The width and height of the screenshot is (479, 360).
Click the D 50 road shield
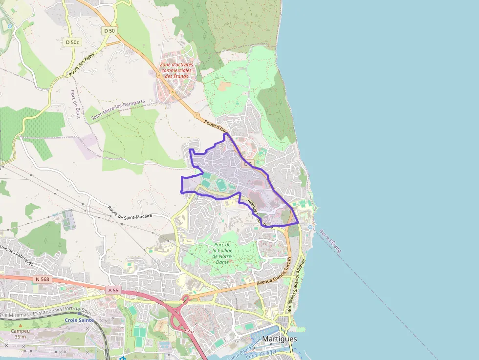[x=109, y=30]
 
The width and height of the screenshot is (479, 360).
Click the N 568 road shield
[x=43, y=279]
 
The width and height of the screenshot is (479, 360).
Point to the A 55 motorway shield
[x=113, y=290]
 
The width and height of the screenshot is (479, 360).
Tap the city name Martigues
[x=280, y=339]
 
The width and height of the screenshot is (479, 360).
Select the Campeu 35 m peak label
[x=20, y=334]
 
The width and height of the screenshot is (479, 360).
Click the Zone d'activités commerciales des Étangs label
[x=176, y=70]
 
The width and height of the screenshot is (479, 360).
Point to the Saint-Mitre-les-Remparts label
[x=118, y=110]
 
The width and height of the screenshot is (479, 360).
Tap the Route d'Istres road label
[x=216, y=127]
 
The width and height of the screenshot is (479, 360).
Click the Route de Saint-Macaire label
[x=130, y=212]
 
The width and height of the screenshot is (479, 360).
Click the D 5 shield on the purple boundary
[x=248, y=164]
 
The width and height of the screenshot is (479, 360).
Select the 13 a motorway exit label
[x=189, y=332]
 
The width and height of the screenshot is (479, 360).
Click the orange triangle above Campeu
[x=20, y=325]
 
